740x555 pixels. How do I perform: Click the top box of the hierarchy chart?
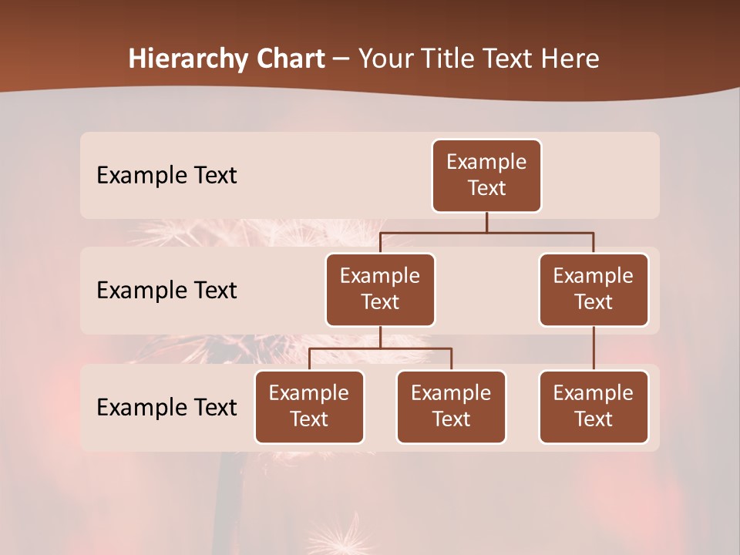(486, 176)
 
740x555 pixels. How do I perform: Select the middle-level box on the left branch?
(380, 290)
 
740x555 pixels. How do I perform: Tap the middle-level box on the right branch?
(594, 290)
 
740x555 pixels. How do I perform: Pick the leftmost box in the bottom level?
(309, 407)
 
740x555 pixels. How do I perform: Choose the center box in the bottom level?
(451, 407)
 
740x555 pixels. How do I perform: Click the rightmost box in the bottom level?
(594, 407)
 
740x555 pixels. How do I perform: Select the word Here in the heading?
(571, 59)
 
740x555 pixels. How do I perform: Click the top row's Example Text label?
(166, 176)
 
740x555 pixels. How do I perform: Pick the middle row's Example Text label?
(166, 291)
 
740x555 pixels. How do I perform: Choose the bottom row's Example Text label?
(166, 408)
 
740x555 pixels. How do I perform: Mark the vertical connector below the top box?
(486, 222)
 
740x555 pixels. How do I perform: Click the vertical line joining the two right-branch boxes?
(594, 348)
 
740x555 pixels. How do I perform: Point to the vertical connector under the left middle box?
(380, 337)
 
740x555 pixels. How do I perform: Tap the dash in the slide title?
(341, 59)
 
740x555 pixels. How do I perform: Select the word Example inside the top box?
(486, 163)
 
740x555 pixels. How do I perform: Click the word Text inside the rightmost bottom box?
(594, 419)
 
